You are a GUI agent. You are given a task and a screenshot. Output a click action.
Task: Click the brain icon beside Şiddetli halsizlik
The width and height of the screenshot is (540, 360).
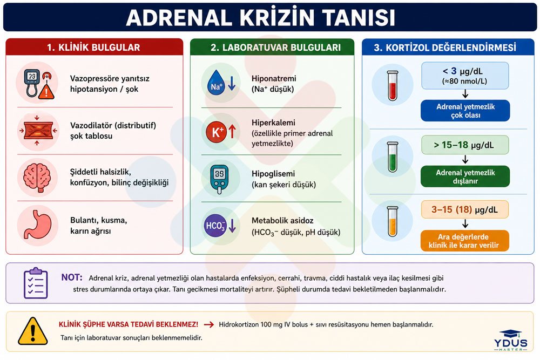(37, 178)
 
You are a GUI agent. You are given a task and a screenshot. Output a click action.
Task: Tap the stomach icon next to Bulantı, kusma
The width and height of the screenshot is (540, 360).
(38, 225)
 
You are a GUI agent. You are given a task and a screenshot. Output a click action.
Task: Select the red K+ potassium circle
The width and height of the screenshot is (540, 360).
(216, 132)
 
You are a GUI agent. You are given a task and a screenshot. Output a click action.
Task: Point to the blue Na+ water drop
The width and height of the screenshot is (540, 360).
(215, 83)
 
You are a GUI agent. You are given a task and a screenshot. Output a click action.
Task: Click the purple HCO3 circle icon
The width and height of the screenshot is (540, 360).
(215, 226)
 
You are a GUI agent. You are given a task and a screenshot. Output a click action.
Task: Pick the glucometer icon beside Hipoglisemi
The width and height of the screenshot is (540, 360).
(219, 178)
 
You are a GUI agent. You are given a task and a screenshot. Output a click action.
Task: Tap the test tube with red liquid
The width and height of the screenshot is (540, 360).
(393, 86)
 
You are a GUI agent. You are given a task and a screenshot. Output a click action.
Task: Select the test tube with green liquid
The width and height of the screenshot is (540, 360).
(393, 157)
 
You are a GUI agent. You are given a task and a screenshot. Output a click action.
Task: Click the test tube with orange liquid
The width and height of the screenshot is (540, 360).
(393, 221)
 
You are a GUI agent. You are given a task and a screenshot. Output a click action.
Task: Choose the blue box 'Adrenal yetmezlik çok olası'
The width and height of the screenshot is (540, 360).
(465, 111)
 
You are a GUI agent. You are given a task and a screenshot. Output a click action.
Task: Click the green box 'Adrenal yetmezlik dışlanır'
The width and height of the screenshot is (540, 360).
(465, 176)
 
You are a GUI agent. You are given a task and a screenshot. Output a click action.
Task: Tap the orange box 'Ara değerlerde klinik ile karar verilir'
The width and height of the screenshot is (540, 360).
(464, 241)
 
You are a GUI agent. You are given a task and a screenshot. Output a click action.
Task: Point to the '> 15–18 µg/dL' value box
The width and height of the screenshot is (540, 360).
(465, 145)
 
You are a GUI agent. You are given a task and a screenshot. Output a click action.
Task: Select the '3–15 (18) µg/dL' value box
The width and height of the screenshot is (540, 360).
(465, 209)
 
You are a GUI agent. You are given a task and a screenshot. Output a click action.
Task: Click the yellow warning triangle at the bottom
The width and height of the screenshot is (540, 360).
(33, 331)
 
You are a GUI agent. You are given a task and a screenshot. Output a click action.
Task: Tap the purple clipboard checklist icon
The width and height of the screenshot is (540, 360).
(36, 283)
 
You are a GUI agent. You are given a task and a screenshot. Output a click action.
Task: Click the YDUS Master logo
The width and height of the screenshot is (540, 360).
(511, 341)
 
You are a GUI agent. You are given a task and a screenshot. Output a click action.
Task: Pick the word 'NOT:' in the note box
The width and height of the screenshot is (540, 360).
(72, 277)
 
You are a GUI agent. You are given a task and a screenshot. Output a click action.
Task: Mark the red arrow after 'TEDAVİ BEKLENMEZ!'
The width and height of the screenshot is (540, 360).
(209, 324)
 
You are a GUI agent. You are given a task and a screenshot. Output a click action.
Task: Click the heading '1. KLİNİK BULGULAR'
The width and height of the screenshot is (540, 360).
(93, 47)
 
